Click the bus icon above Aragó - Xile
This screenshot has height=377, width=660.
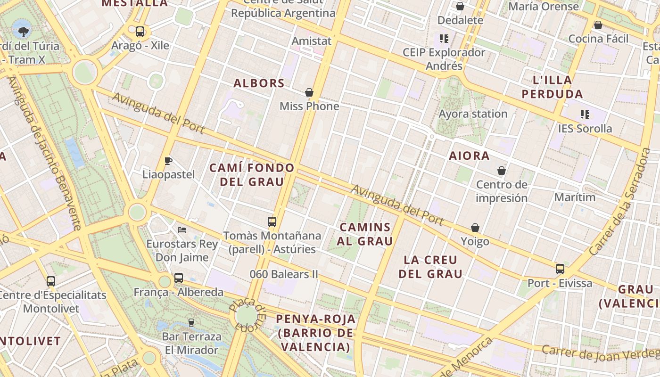pyautogui.click(x=140, y=32)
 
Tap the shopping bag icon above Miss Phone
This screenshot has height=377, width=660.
pyautogui.click(x=309, y=92)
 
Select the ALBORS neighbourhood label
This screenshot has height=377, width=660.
pyautogui.click(x=259, y=83)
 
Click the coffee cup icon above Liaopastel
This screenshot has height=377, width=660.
pyautogui.click(x=168, y=161)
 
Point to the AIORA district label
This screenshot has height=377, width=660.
pyautogui.click(x=469, y=156)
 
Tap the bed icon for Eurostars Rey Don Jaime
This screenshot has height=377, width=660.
pyautogui.click(x=182, y=230)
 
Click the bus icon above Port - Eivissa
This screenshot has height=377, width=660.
pyautogui.click(x=560, y=269)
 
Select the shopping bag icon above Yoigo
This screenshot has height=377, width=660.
pyautogui.click(x=475, y=228)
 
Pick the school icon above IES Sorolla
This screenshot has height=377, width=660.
pyautogui.click(x=585, y=114)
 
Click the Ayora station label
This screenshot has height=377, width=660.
pyautogui.click(x=473, y=114)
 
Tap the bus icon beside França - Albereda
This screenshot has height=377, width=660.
pyautogui.click(x=179, y=278)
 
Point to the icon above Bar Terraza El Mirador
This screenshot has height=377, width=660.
pyautogui.click(x=191, y=323)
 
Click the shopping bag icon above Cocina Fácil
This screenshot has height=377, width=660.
pyautogui.click(x=598, y=25)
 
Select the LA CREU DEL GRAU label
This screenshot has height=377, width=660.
pyautogui.click(x=430, y=267)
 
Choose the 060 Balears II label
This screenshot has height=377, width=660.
pyautogui.click(x=284, y=274)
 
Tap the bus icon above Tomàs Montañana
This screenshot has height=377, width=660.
pyautogui.click(x=272, y=221)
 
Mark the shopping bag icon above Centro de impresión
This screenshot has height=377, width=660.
pyautogui.click(x=502, y=170)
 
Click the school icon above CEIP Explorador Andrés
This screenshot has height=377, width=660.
pyautogui.click(x=444, y=38)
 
